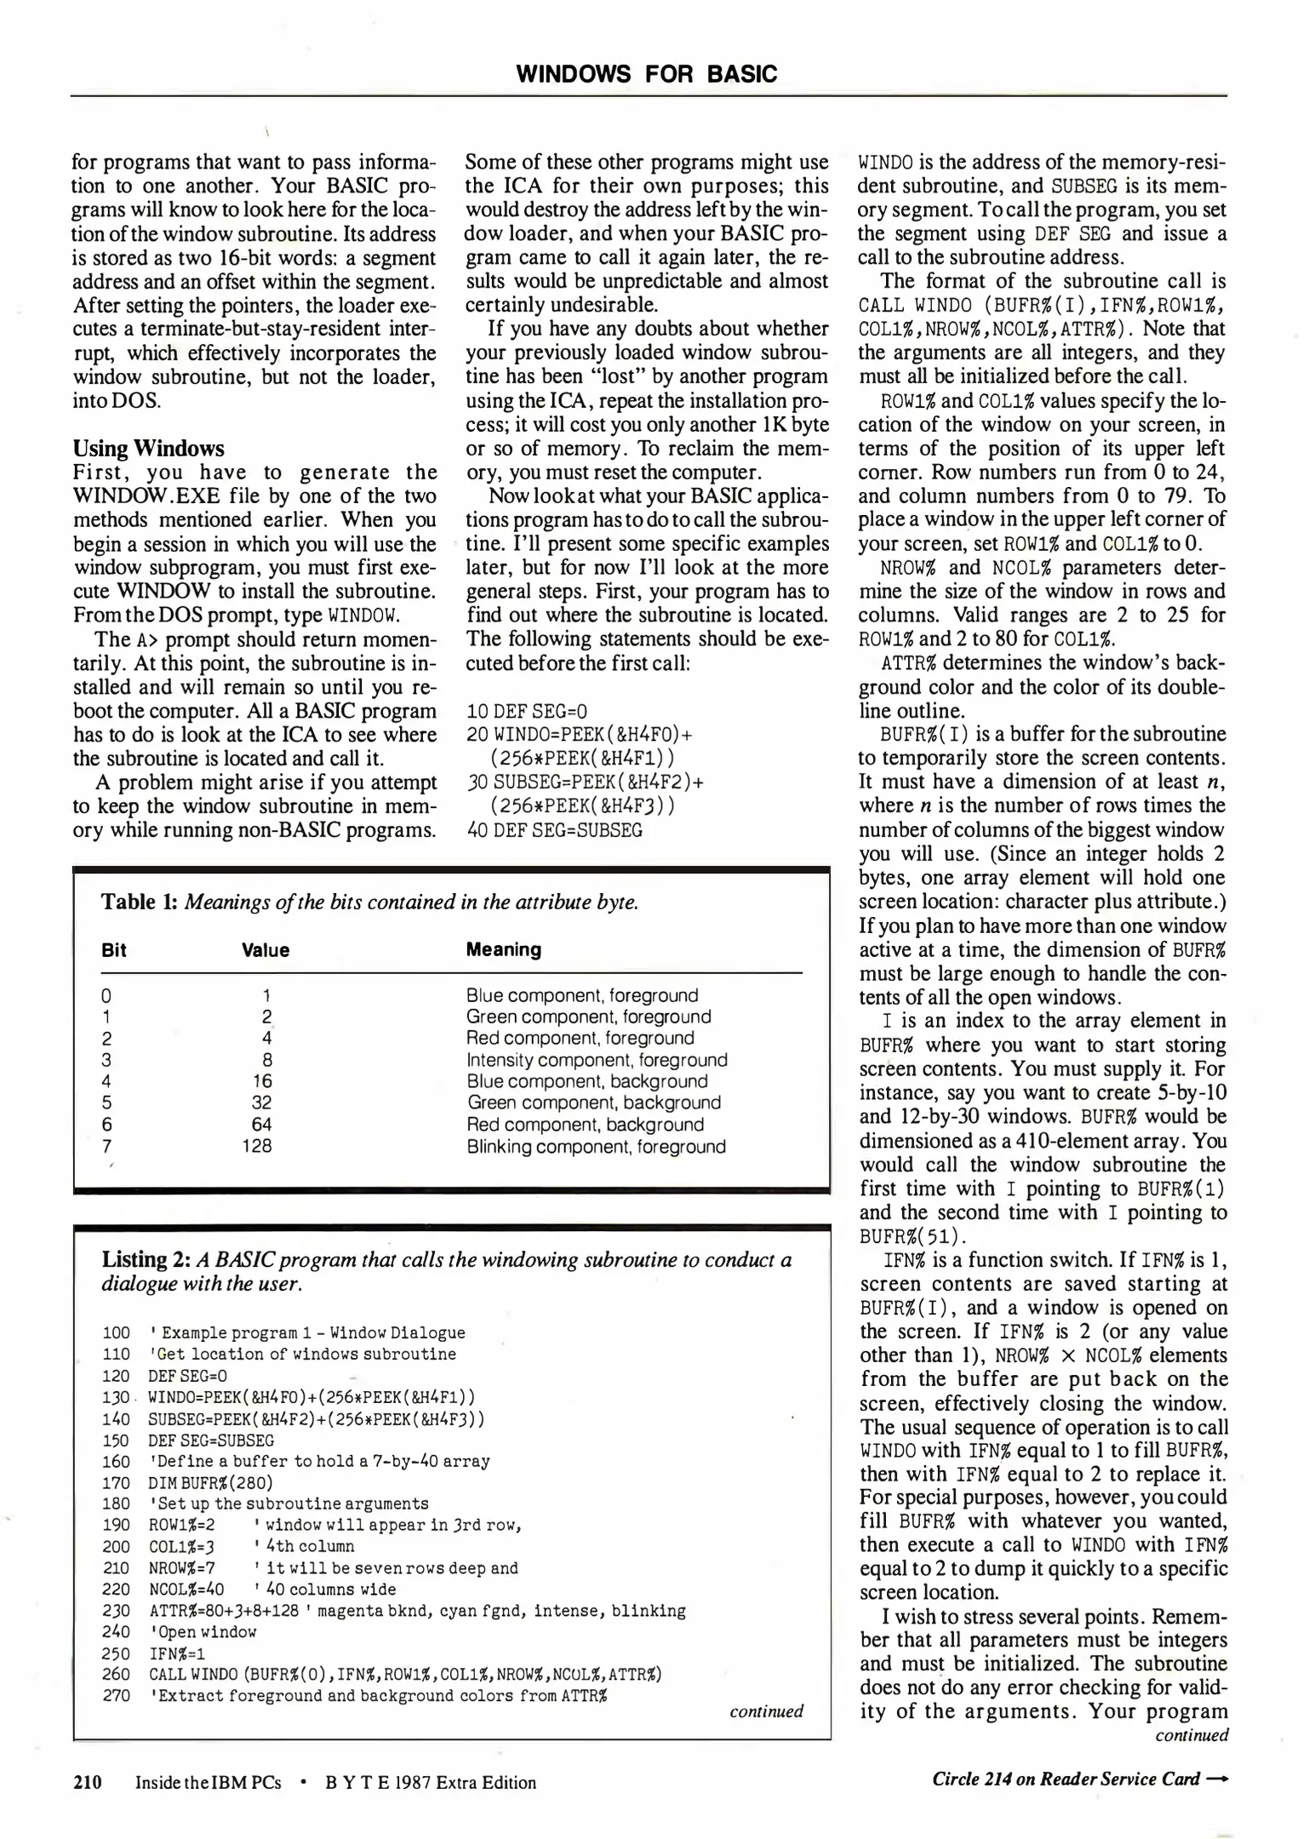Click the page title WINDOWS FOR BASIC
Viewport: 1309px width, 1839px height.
pyautogui.click(x=647, y=74)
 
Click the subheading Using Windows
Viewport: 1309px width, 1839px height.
pyautogui.click(x=148, y=449)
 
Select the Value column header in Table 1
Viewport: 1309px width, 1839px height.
pyautogui.click(x=266, y=950)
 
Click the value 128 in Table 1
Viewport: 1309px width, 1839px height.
pyautogui.click(x=256, y=1146)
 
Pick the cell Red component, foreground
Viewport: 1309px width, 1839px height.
pyautogui.click(x=580, y=1038)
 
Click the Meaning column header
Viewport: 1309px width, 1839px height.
pyautogui.click(x=503, y=949)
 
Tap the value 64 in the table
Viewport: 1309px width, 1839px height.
pyautogui.click(x=262, y=1125)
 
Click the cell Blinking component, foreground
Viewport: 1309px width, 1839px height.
pyautogui.click(x=596, y=1146)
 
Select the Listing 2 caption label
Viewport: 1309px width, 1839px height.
pyautogui.click(x=146, y=1259)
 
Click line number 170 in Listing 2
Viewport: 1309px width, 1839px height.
pyautogui.click(x=116, y=1482)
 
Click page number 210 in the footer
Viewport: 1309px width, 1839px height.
pyautogui.click(x=87, y=1782)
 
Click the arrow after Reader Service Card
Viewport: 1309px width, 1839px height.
pyautogui.click(x=1218, y=1779)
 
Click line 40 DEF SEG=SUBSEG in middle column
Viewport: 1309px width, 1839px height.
pyautogui.click(x=554, y=830)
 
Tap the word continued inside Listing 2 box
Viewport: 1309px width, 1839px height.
pyautogui.click(x=766, y=1711)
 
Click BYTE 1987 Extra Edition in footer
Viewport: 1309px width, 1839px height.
pyautogui.click(x=431, y=1783)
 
